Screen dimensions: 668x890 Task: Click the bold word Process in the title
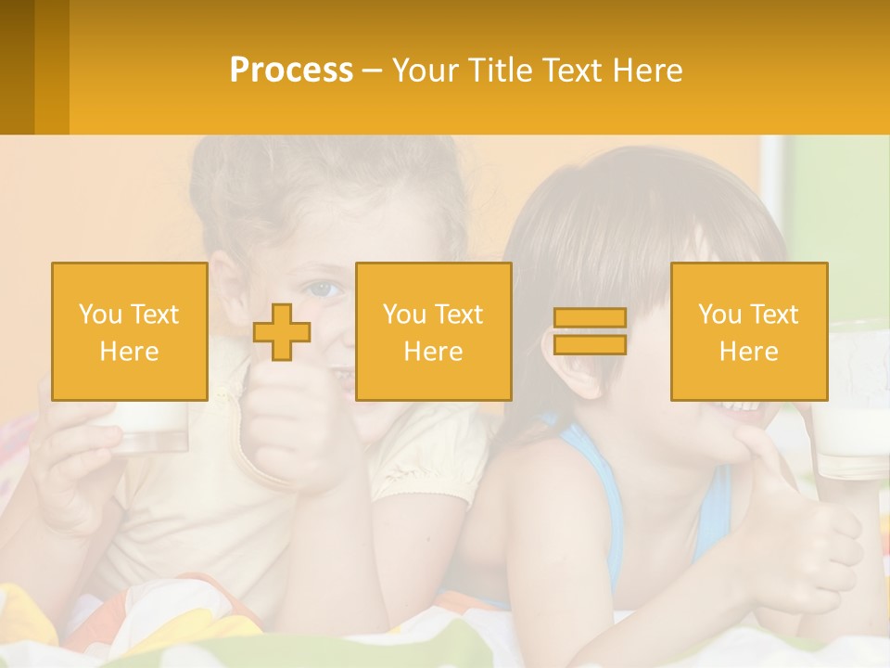coord(291,71)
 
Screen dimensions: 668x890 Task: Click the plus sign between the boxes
coord(282,332)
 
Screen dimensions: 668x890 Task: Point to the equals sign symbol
coord(590,331)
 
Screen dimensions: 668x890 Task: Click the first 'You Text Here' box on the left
coord(129,331)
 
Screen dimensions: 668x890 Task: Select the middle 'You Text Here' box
coord(433,331)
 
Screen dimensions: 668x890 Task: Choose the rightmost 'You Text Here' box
coord(748,331)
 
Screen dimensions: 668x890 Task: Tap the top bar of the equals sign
coord(590,318)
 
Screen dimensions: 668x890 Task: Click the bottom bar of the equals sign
coord(590,344)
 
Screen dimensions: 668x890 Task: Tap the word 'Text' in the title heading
coord(575,71)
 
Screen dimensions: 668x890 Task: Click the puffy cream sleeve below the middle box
coord(436,455)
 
